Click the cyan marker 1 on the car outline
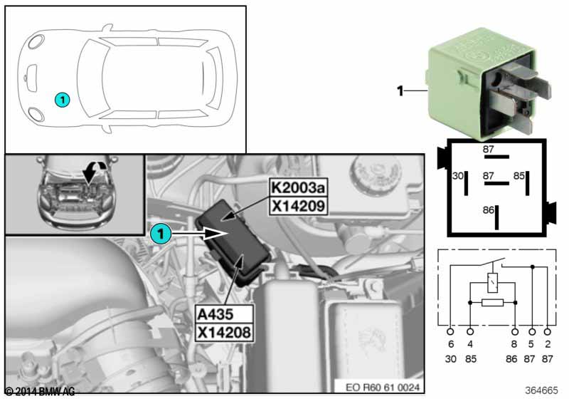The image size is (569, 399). point(63,100)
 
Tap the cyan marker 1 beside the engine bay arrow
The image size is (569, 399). point(161,232)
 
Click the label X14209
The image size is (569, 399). point(297,207)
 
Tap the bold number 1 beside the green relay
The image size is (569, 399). point(400,90)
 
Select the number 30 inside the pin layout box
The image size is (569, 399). point(458,175)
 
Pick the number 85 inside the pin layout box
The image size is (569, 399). point(519,175)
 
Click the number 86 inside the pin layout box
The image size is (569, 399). point(488,211)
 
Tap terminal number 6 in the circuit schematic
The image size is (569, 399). point(450,344)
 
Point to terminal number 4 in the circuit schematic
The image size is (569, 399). point(469,344)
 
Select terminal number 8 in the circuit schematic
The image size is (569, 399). point(514,344)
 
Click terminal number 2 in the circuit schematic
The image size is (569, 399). point(547,344)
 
